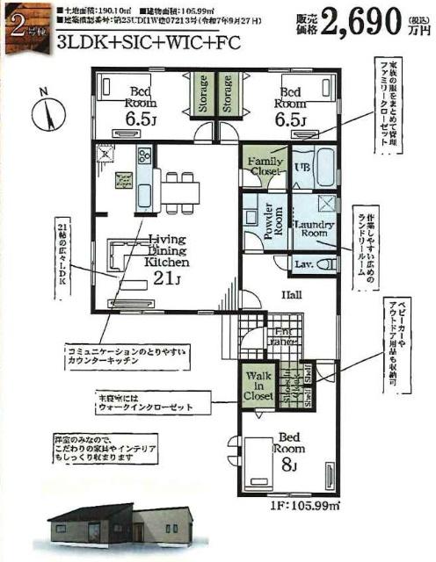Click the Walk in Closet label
260,384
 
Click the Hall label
293,296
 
